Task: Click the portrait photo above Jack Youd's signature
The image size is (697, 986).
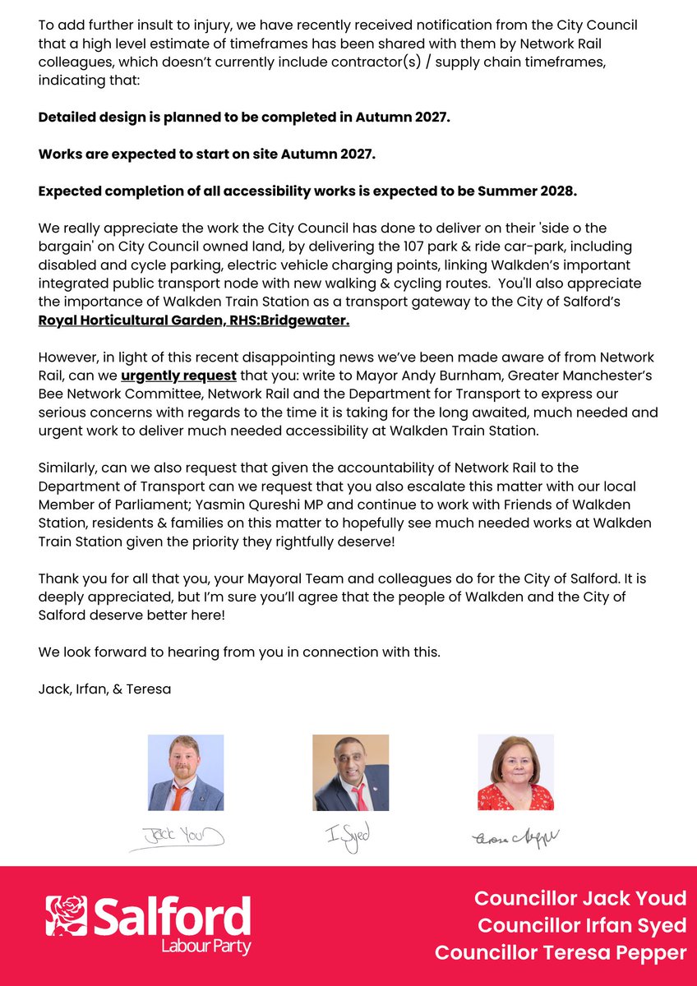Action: click(x=186, y=772)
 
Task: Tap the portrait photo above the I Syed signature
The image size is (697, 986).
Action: click(x=350, y=772)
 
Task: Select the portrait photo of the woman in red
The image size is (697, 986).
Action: click(x=515, y=772)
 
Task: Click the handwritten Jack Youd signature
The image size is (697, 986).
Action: click(x=177, y=836)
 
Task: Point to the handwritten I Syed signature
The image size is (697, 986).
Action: click(x=348, y=836)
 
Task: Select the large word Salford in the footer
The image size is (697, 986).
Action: click(x=172, y=916)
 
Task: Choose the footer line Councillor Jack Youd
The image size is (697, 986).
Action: click(x=579, y=897)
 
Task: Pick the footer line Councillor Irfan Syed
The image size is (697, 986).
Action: click(x=581, y=925)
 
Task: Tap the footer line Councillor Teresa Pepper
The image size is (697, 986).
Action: click(x=561, y=952)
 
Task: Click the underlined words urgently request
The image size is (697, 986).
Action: click(x=178, y=376)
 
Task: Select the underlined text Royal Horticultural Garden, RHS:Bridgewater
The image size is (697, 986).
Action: click(x=194, y=320)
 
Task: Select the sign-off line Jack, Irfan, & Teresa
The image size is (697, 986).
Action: click(x=104, y=689)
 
